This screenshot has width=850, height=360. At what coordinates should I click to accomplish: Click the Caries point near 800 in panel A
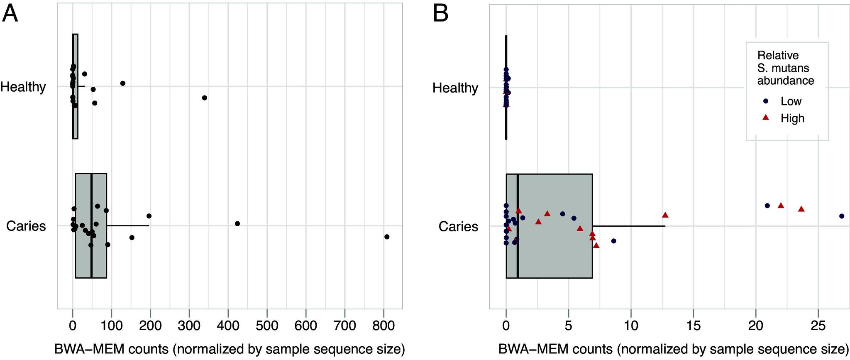tap(387, 237)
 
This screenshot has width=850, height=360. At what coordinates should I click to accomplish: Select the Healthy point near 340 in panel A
tap(204, 98)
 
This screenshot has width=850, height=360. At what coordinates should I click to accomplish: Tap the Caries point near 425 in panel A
tap(237, 223)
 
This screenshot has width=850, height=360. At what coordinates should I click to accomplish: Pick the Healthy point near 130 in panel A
tap(123, 83)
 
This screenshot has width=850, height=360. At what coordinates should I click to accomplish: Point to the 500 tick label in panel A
tap(267, 326)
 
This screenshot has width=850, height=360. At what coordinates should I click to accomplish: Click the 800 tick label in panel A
tap(383, 326)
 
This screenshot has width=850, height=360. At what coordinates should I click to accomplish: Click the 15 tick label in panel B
tap(693, 326)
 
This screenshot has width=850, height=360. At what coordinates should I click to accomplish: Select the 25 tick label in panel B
tap(818, 326)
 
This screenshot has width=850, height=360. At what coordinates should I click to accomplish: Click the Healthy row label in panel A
tap(23, 87)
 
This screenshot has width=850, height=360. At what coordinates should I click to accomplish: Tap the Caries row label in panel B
tap(458, 226)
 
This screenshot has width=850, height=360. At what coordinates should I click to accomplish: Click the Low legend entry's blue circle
tap(767, 101)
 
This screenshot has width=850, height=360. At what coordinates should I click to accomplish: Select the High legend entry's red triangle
tap(767, 118)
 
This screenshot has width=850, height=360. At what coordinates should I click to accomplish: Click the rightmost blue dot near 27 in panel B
tap(842, 216)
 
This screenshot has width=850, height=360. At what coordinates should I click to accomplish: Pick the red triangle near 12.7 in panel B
tap(665, 215)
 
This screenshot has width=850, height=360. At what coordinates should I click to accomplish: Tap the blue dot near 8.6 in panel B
tap(614, 241)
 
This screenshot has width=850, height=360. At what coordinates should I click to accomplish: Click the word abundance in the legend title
tap(785, 80)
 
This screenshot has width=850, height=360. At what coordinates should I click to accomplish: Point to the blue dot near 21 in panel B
tap(767, 206)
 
